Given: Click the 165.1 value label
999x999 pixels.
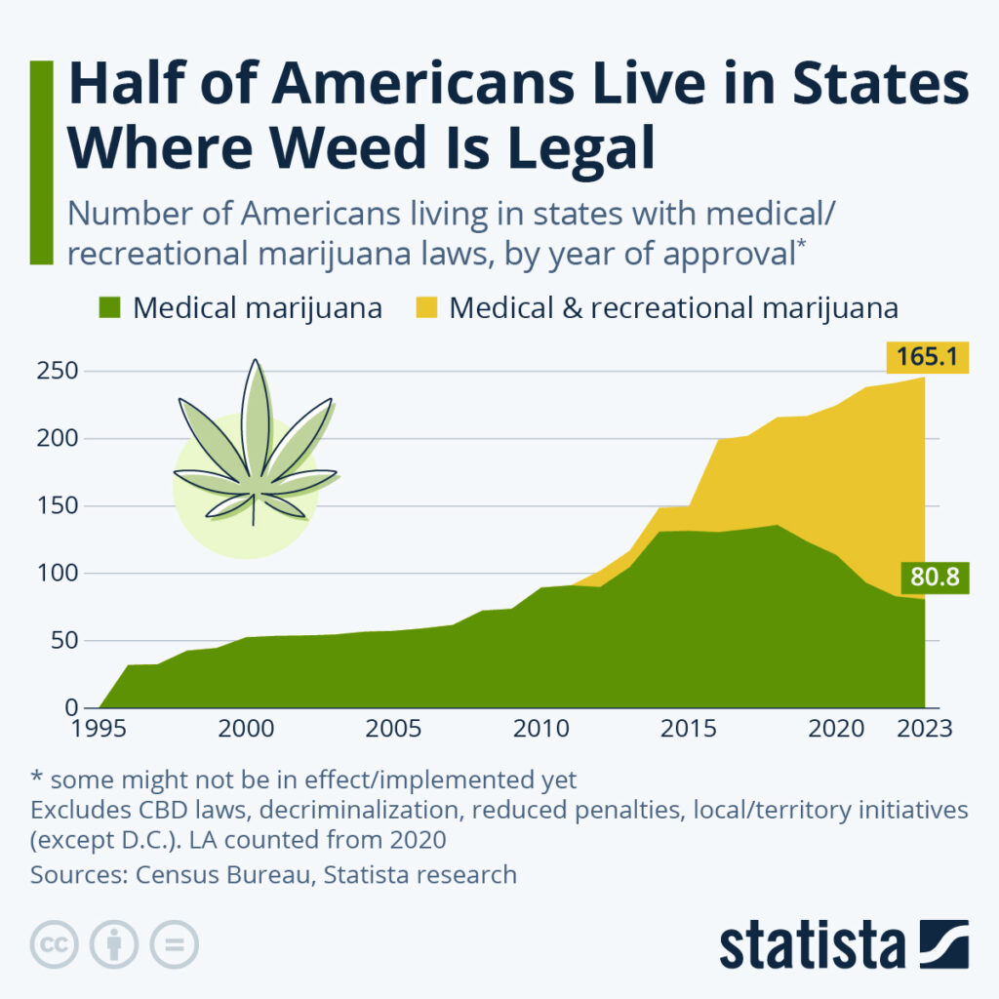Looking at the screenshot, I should pyautogui.click(x=927, y=357).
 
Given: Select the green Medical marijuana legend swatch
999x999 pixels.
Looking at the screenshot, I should pyautogui.click(x=109, y=309).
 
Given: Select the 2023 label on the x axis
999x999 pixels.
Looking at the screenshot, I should pyautogui.click(x=922, y=730).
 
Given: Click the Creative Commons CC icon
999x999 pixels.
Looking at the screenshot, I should pyautogui.click(x=56, y=944).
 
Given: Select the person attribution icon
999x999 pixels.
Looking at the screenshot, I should pyautogui.click(x=114, y=944).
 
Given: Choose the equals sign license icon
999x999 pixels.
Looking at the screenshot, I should pyautogui.click(x=173, y=944).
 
